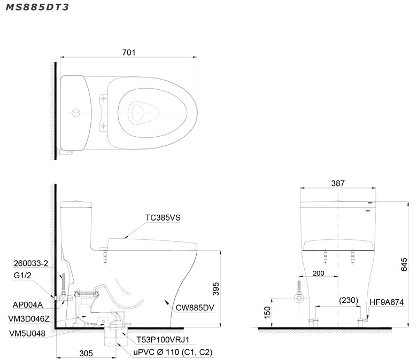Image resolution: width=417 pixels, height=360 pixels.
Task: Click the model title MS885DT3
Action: pos(37,7)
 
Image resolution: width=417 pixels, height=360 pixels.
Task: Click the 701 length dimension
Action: pos(129,52)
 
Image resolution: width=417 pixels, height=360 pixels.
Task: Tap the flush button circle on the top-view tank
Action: pos(76,113)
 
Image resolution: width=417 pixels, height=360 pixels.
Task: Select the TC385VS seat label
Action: pos(163,217)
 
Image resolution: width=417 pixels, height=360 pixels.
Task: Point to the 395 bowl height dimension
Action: pos(216,289)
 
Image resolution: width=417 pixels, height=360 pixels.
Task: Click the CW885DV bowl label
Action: pos(195,308)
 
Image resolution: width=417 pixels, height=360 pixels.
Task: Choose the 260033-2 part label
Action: pos(31,263)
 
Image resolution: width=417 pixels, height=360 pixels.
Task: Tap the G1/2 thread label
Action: pos(22,275)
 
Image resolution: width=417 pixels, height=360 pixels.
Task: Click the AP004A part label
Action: pos(28,305)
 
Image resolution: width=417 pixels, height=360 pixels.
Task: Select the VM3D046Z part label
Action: pos(29,319)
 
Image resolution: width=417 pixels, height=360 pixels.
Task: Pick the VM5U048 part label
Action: pos(27,333)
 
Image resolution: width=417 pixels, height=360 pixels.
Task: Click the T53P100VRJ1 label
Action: pos(163,340)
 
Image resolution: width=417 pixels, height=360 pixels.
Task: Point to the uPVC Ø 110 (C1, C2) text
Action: pos(173,353)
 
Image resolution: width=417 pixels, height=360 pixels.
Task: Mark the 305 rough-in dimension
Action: pos(86,354)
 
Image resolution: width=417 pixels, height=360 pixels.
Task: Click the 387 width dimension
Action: pos(338,183)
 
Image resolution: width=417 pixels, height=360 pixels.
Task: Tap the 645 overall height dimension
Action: pos(404,264)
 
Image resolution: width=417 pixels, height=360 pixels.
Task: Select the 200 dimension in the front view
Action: pos(318,273)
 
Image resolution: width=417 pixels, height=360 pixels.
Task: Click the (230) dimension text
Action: pos(349,300)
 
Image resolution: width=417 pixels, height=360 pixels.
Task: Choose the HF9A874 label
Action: pos(387,302)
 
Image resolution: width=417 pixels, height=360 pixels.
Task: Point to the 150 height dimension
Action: pos(267,312)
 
